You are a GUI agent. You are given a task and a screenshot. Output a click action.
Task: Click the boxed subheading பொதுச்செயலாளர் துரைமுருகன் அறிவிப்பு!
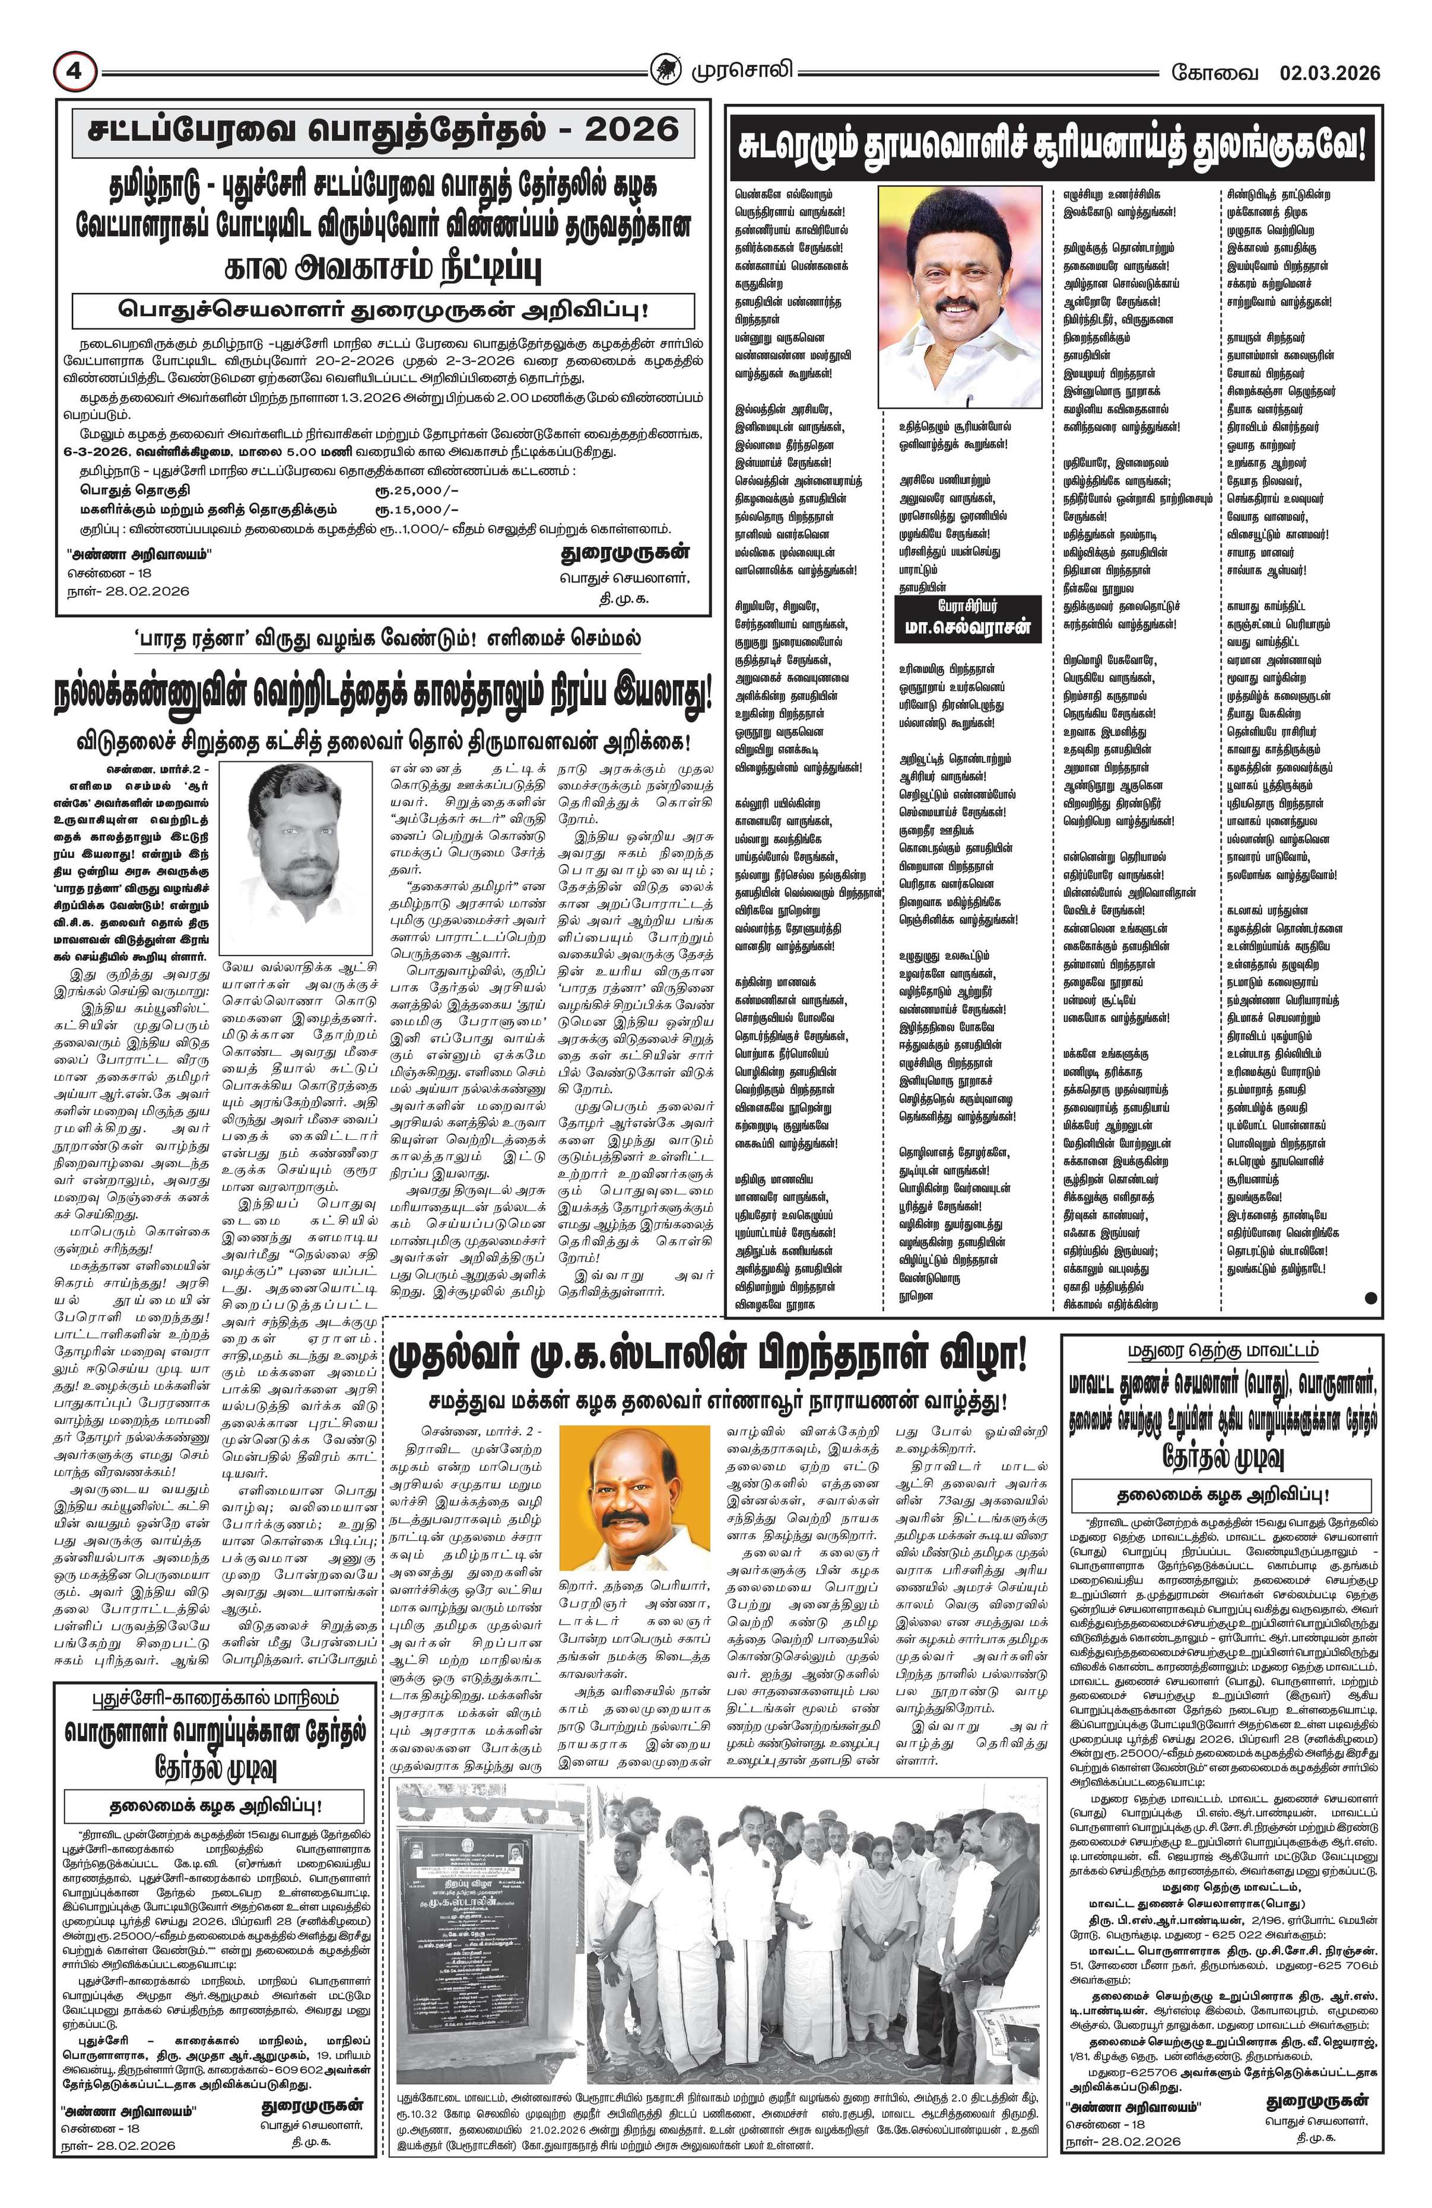click(x=383, y=310)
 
